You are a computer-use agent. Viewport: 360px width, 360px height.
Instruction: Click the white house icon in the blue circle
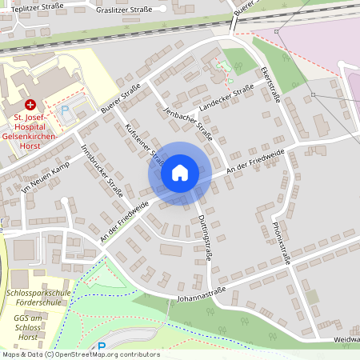coord(180,173)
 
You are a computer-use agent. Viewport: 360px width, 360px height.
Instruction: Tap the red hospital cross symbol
coord(30,105)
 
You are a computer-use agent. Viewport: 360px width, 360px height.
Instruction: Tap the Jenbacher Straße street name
coord(187,124)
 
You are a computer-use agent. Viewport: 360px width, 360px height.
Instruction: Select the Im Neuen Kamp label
coord(46,177)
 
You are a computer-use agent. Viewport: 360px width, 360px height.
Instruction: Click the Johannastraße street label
coord(198,294)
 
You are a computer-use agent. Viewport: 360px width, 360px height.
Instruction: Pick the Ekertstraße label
coord(269,84)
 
